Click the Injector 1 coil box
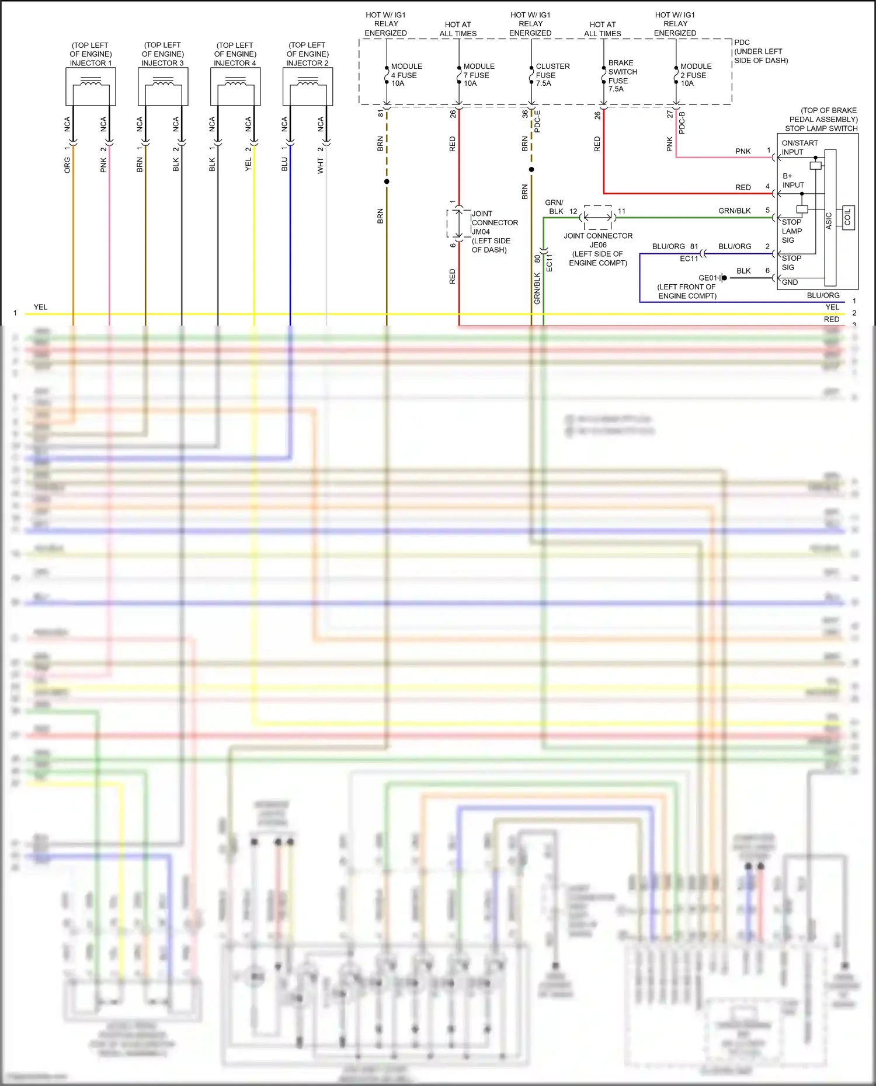pos(91,86)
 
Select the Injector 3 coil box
pos(163,86)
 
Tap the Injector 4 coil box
pos(235,86)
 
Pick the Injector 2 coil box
pos(308,86)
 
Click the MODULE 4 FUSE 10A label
pos(406,75)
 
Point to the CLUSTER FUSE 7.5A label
pos(552,75)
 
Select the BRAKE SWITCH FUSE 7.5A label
pos(622,76)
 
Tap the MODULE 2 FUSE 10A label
pos(696,75)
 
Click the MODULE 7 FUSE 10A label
pos(478,75)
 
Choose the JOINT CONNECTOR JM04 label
pos(494,232)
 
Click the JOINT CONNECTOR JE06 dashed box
pos(598,217)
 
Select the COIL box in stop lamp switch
pos(848,218)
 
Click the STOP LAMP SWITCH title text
pos(821,128)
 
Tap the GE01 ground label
pos(707,278)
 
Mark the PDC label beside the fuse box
pos(742,43)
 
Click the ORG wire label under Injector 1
pos(67,165)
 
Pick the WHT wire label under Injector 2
pos(321,166)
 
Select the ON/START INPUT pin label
pos(799,148)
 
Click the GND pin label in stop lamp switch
pos(790,282)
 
